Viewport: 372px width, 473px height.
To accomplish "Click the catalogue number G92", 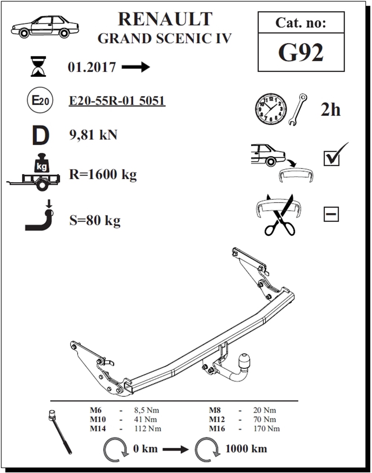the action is (301, 52).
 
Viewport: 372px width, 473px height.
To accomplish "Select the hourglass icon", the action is (38, 67).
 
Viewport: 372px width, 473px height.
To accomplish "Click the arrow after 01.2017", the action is (136, 67).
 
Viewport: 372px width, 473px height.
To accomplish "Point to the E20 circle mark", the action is (40, 100).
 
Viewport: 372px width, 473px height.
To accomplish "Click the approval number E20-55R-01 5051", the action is (117, 101).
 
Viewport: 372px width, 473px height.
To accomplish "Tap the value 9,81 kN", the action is (93, 135).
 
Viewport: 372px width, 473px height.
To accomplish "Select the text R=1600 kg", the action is (103, 175).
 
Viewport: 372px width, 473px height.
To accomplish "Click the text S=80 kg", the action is (95, 221).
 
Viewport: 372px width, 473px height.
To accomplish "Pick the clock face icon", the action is (271, 109).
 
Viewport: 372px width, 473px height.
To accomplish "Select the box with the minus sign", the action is (331, 214).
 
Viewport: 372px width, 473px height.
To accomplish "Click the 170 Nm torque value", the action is (266, 429).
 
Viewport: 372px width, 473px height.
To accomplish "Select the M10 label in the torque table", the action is (98, 419).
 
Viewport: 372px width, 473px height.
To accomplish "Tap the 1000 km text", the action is (246, 449).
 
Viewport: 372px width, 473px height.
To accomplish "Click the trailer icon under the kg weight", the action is (33, 182).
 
